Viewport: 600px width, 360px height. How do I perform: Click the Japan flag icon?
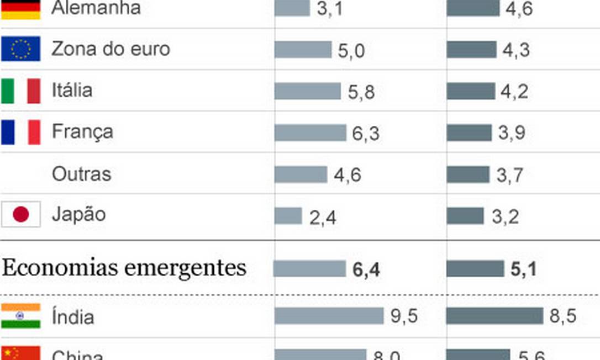click(x=20, y=215)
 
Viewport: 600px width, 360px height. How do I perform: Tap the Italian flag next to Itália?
click(x=20, y=91)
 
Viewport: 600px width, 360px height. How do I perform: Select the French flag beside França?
click(x=20, y=133)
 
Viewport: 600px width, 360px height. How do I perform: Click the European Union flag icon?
click(x=20, y=49)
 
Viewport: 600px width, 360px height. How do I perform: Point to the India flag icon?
click(x=20, y=316)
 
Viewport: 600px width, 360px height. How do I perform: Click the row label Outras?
click(x=81, y=174)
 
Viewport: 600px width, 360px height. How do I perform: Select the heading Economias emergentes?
click(x=124, y=268)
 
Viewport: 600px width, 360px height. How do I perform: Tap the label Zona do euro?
click(x=110, y=49)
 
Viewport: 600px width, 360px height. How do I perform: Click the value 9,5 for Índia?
click(x=403, y=316)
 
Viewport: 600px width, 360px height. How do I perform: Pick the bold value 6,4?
click(x=366, y=270)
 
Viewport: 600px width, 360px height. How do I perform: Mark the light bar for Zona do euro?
click(x=303, y=49)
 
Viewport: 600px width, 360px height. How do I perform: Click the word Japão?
click(x=78, y=215)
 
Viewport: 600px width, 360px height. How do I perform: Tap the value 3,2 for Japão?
click(x=505, y=217)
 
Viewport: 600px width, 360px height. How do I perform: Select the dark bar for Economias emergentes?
click(x=475, y=269)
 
